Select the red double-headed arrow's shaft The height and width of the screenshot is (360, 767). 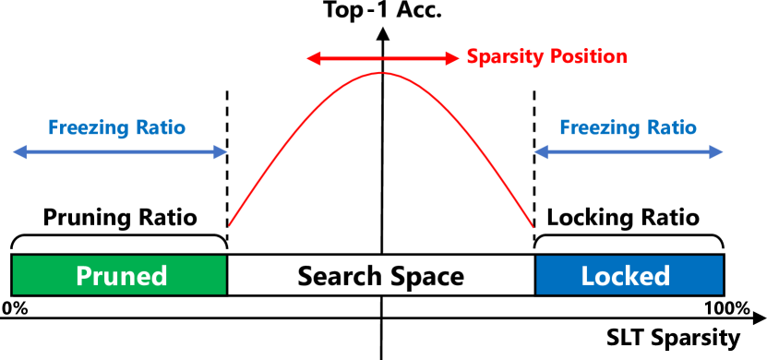(382, 59)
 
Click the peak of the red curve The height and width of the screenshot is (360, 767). (381, 72)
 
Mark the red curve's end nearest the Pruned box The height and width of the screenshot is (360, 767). (230, 224)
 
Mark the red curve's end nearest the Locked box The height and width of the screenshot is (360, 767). (533, 226)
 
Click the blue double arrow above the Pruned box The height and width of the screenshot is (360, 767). (120, 152)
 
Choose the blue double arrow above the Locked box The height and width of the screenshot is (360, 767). (628, 152)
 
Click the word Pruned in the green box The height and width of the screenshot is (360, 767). (121, 276)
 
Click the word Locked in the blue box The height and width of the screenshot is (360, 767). (625, 276)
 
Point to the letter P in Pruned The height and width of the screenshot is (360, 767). (84, 276)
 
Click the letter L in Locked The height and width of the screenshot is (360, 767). (587, 276)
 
